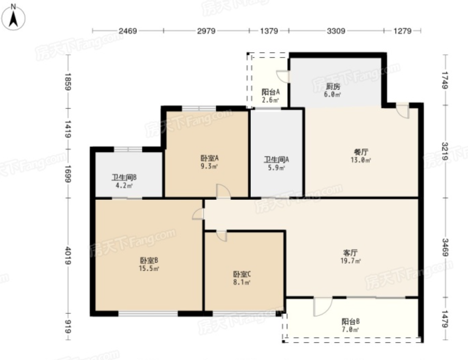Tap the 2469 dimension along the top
point(128,31)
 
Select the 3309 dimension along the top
point(336,31)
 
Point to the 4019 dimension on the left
point(68,256)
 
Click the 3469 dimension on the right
point(445,247)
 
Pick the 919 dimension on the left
point(68,326)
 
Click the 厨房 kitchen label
point(333,86)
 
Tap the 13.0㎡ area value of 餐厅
point(361,160)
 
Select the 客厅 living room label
point(350,253)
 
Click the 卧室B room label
point(149,260)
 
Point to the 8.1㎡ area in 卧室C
point(242,282)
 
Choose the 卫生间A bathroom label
point(276,160)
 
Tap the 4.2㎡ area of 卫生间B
point(124,186)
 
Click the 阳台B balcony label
point(350,321)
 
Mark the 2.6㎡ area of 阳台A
point(270,100)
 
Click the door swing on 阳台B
point(322,307)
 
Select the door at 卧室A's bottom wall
point(223,191)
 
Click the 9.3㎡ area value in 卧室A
point(209,166)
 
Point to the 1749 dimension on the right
point(445,80)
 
